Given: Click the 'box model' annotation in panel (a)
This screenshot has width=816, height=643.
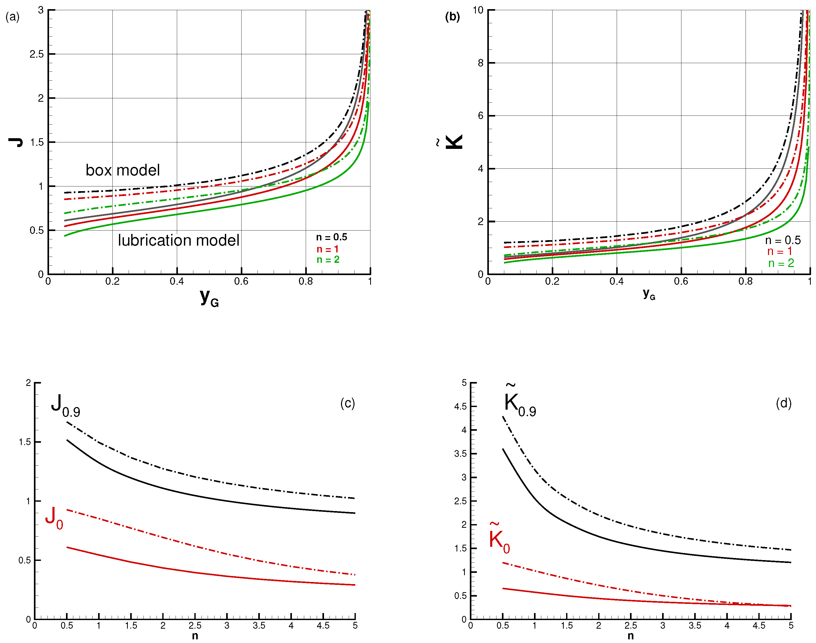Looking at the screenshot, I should [123, 170].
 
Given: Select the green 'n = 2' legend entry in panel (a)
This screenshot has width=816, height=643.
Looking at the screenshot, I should [328, 260].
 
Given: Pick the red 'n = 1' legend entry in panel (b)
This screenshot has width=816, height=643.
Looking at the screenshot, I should [779, 251].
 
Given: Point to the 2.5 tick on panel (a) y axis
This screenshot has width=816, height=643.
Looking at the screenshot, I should [37, 54].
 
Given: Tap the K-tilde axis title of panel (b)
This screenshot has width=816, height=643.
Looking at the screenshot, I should [452, 142].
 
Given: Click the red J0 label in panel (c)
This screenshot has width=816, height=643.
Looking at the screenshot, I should [54, 518].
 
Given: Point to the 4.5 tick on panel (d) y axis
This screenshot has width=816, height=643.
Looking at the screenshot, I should [460, 407].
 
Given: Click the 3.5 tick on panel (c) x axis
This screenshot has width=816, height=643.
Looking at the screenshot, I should [259, 626].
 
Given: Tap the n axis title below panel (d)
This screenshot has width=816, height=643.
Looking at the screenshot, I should [630, 636].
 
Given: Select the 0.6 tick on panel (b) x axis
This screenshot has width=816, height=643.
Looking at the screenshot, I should [681, 281].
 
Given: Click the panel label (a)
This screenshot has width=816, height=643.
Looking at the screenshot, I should [13, 17].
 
